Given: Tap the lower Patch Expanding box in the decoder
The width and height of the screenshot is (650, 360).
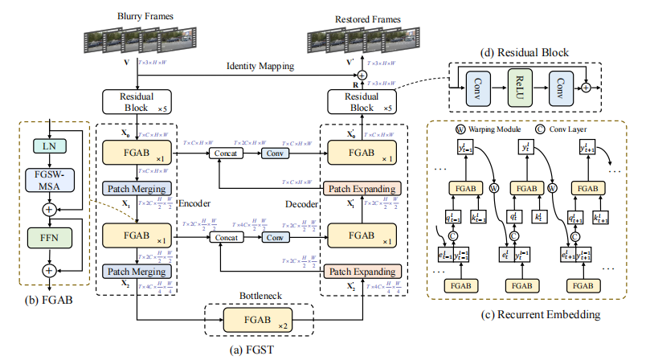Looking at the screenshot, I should pyautogui.click(x=361, y=271).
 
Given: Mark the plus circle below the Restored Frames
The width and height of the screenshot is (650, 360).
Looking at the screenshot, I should pyautogui.click(x=362, y=75).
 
